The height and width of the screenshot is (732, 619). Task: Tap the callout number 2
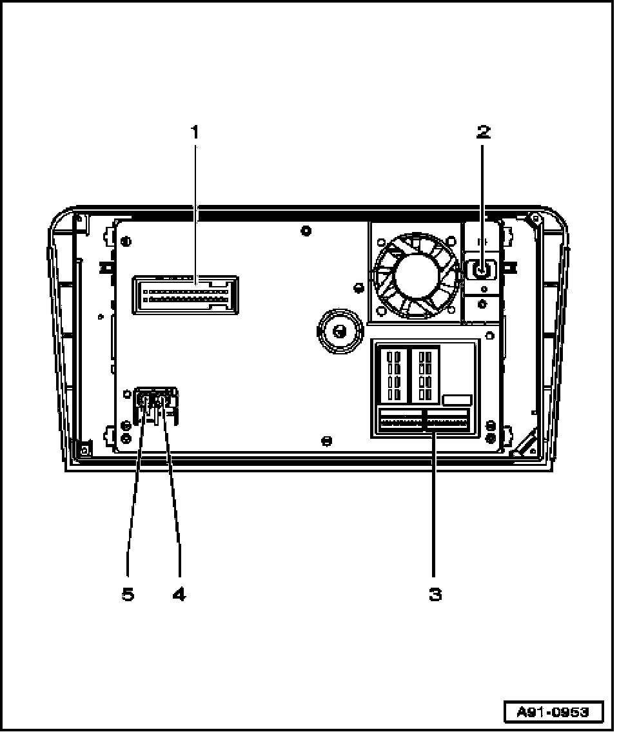pyautogui.click(x=483, y=132)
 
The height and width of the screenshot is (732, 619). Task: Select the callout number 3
pyautogui.click(x=435, y=594)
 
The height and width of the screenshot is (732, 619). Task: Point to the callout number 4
pyautogui.click(x=179, y=594)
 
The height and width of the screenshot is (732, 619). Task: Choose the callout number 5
pyautogui.click(x=128, y=594)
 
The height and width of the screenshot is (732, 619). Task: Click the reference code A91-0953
pyautogui.click(x=553, y=712)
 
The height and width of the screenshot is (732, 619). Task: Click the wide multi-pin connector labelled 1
pyautogui.click(x=185, y=295)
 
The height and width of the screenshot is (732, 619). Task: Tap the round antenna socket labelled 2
pyautogui.click(x=480, y=269)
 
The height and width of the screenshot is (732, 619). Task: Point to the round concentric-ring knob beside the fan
pyautogui.click(x=337, y=331)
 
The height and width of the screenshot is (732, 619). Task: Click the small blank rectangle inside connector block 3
pyautogui.click(x=457, y=400)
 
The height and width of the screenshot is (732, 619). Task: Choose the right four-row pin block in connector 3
pyautogui.click(x=426, y=374)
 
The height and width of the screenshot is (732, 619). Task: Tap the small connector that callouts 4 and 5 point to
pyautogui.click(x=155, y=404)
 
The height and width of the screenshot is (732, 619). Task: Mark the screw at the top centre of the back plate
pyautogui.click(x=306, y=230)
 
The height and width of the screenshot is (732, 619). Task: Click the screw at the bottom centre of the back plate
pyautogui.click(x=326, y=441)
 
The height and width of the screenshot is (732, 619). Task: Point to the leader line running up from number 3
pyautogui.click(x=435, y=509)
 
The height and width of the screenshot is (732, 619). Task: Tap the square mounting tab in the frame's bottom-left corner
pyautogui.click(x=83, y=447)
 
